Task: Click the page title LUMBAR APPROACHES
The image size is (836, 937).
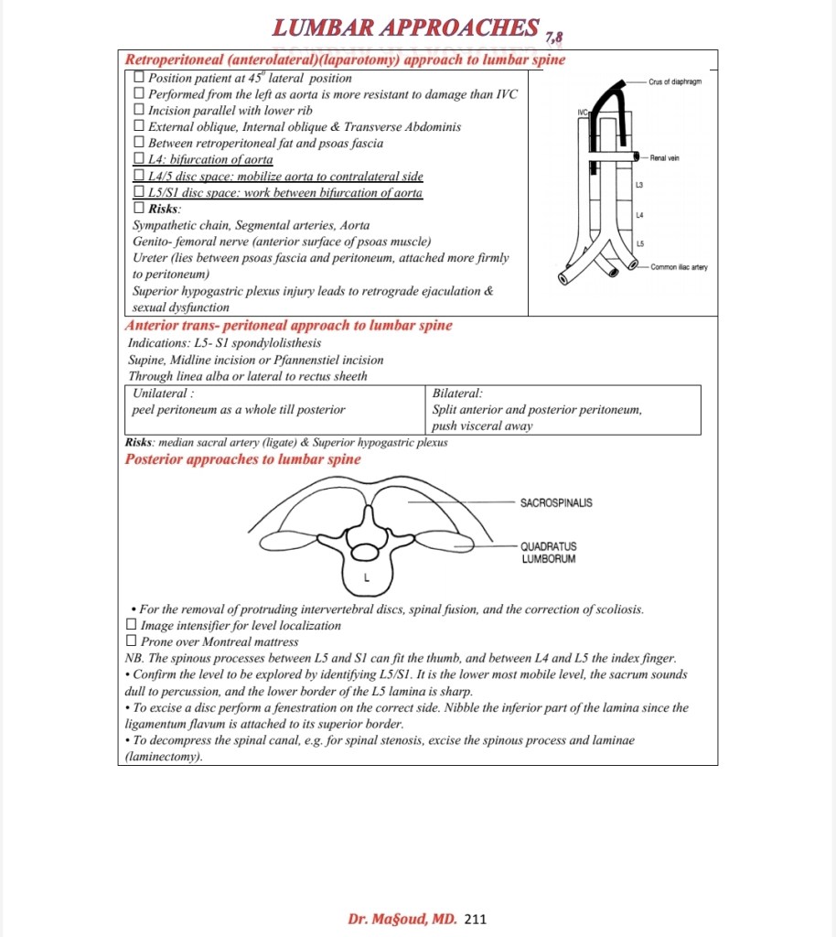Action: coord(405,28)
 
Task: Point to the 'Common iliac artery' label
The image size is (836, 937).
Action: coord(679,267)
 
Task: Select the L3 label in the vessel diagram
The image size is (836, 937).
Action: coord(639,186)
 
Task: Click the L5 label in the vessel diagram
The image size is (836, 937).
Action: coord(639,242)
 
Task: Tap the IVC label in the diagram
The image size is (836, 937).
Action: coord(582,113)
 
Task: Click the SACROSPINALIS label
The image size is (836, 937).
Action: coord(555,502)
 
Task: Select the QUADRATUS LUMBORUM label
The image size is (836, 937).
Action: coord(549,553)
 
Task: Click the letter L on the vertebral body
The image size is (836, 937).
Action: coord(365,578)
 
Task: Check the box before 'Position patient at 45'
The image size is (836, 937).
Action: coord(139,78)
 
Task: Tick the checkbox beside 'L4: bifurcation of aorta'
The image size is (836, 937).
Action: coord(139,159)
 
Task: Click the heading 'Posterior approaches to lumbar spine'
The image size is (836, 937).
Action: coord(242,459)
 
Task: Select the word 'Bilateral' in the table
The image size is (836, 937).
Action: coord(456,393)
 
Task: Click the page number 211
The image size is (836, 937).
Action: coord(476,918)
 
